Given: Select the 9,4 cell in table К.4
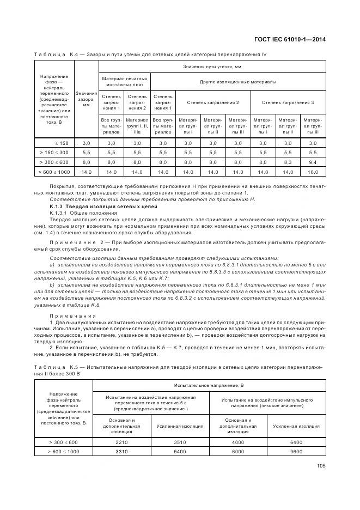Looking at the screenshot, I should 313,162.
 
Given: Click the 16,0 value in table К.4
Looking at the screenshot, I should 313,172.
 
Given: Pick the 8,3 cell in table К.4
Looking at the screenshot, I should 288,162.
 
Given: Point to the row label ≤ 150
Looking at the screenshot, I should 60,142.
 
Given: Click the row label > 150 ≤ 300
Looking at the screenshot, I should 54,152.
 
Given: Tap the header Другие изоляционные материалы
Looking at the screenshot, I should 237,82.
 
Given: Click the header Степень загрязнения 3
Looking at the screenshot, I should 288,102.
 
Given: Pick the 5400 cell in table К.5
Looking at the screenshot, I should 179,452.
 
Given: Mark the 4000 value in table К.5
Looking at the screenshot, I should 238,442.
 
